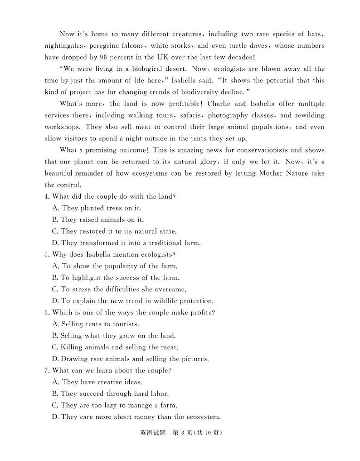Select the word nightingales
point(65,46)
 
